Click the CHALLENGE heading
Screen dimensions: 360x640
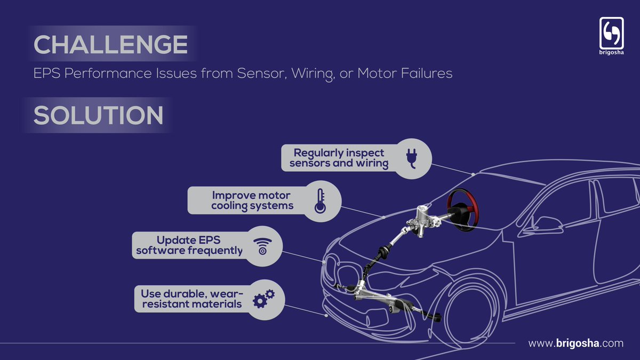(x=110, y=45)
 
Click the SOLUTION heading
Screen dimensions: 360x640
(x=99, y=116)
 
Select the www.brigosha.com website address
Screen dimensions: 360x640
(x=575, y=343)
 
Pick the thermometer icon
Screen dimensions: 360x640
(x=320, y=201)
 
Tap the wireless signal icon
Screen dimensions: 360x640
(x=262, y=246)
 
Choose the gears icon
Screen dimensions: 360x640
(x=263, y=299)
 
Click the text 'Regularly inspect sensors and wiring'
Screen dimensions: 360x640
(x=339, y=158)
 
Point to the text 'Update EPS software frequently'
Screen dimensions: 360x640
(x=189, y=245)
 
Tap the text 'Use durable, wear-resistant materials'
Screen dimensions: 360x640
(x=191, y=299)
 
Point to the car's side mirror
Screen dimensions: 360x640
(x=533, y=229)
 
